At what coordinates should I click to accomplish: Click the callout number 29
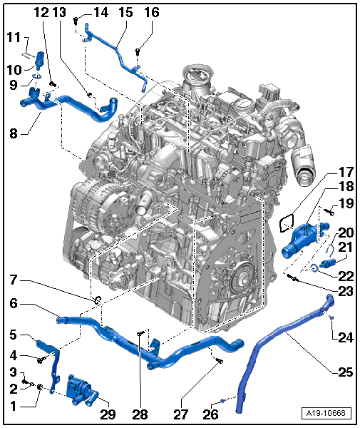point(108,414)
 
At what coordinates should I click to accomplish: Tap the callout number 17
point(346,172)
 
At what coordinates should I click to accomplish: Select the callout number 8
point(14,134)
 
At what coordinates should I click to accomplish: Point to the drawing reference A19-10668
point(326,413)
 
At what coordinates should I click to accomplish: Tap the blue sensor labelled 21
point(326,263)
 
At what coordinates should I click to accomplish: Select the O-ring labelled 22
point(314,268)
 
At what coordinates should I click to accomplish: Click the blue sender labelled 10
point(39,58)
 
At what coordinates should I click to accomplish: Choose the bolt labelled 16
point(138,51)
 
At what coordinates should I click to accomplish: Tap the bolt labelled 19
point(330,212)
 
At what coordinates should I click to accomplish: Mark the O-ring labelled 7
point(98,300)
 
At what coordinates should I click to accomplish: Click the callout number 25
point(346,372)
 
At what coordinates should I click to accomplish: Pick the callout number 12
point(41,13)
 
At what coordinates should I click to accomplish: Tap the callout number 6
point(14,303)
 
